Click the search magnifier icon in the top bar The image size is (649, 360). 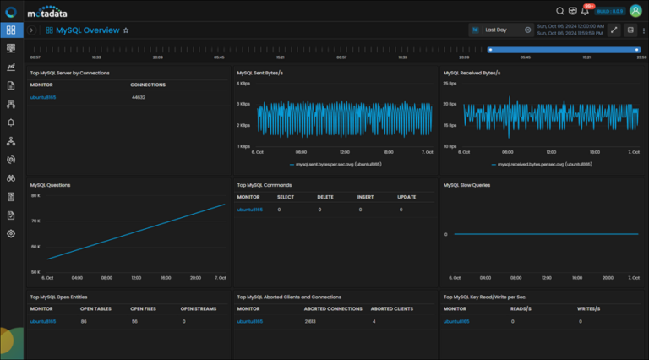(x=559, y=11)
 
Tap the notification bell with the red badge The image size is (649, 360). (x=586, y=11)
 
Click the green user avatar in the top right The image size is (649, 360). (x=635, y=11)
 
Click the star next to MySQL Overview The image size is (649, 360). (x=126, y=30)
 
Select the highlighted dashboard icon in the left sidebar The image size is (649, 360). (x=11, y=30)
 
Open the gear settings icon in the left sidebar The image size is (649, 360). (x=11, y=233)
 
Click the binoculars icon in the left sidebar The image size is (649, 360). (x=11, y=178)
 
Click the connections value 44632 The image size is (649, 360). (x=139, y=97)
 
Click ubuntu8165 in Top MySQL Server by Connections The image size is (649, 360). (x=43, y=97)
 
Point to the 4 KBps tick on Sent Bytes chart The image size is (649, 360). (x=243, y=84)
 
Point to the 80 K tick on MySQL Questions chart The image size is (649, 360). (x=35, y=195)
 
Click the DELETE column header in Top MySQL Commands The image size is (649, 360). (x=325, y=196)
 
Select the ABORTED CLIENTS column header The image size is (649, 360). (x=392, y=308)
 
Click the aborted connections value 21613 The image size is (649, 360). (x=310, y=321)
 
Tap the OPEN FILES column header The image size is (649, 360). (x=142, y=308)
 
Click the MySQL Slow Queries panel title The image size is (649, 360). (x=466, y=184)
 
